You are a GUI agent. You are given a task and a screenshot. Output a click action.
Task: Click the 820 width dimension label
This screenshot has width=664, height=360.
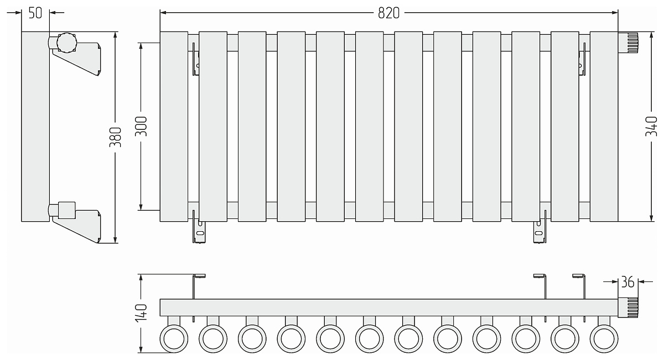click(x=388, y=13)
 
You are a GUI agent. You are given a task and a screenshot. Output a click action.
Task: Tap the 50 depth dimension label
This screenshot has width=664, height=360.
click(x=35, y=13)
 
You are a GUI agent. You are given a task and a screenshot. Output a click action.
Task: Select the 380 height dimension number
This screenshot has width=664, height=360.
click(x=116, y=137)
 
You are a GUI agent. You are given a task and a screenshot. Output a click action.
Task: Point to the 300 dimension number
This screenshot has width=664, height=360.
click(x=141, y=127)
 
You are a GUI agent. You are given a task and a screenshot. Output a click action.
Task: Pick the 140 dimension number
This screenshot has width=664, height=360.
click(x=141, y=313)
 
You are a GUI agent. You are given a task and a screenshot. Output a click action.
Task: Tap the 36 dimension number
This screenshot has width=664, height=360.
click(x=627, y=282)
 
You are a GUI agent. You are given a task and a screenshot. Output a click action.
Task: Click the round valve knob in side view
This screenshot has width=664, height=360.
click(x=67, y=43)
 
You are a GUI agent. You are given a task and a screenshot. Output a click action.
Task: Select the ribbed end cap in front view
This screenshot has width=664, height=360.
click(x=628, y=43)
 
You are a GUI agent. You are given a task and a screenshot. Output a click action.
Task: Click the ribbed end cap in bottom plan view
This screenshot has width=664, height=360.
click(x=628, y=307)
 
